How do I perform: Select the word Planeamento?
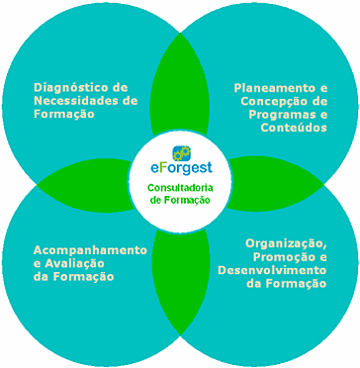273,88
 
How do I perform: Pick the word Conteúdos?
294,128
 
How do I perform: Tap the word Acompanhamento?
90,250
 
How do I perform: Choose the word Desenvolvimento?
272,270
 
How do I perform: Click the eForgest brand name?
180,167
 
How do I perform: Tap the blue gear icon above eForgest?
182,152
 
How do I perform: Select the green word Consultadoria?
180,188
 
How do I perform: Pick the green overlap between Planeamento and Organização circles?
274,184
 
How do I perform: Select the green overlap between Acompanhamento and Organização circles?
181,280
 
